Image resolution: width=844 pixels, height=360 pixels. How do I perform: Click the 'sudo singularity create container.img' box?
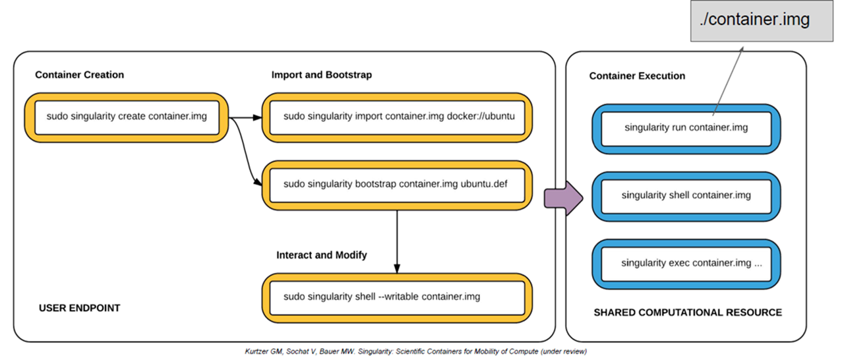click(x=127, y=117)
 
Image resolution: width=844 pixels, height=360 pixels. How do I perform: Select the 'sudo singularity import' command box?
click(x=397, y=117)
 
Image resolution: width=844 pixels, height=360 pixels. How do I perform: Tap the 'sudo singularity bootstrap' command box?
click(x=397, y=185)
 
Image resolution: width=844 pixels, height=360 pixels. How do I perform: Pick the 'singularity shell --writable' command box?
click(x=397, y=297)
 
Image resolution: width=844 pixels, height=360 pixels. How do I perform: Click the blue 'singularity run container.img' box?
click(x=686, y=128)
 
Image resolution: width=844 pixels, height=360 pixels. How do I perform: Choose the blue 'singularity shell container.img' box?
click(x=686, y=196)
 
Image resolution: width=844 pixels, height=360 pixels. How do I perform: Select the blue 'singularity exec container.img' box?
click(x=686, y=264)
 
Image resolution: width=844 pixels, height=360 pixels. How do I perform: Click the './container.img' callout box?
click(x=754, y=20)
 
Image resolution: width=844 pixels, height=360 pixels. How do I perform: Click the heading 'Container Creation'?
click(x=80, y=75)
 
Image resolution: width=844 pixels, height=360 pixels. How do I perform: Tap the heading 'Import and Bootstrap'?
click(x=322, y=75)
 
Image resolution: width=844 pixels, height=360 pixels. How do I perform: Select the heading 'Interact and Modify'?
click(x=322, y=255)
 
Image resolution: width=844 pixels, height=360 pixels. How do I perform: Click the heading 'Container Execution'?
click(x=637, y=76)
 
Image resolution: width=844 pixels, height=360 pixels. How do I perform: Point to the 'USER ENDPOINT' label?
click(x=80, y=308)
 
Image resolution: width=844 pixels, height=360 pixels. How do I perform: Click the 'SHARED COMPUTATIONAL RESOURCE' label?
click(x=688, y=313)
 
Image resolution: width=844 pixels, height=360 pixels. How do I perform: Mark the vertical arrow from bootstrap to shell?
click(x=397, y=241)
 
